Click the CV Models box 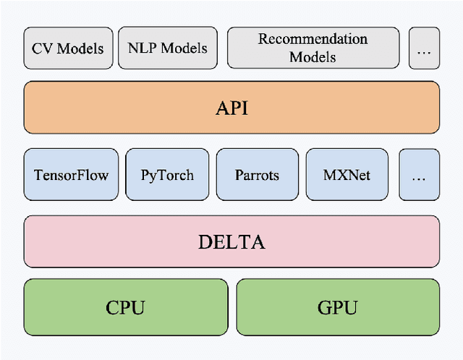68,48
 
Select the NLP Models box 168,48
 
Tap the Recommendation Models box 313,48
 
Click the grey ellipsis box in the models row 423,48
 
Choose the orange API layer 231,107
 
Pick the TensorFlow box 71,175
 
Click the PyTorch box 167,175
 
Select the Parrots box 257,175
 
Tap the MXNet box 347,175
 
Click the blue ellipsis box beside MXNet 419,175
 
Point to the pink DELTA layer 231,241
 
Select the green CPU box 125,307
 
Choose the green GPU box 337,307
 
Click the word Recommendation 313,39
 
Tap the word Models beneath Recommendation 313,57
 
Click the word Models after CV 79,49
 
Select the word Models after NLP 184,48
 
